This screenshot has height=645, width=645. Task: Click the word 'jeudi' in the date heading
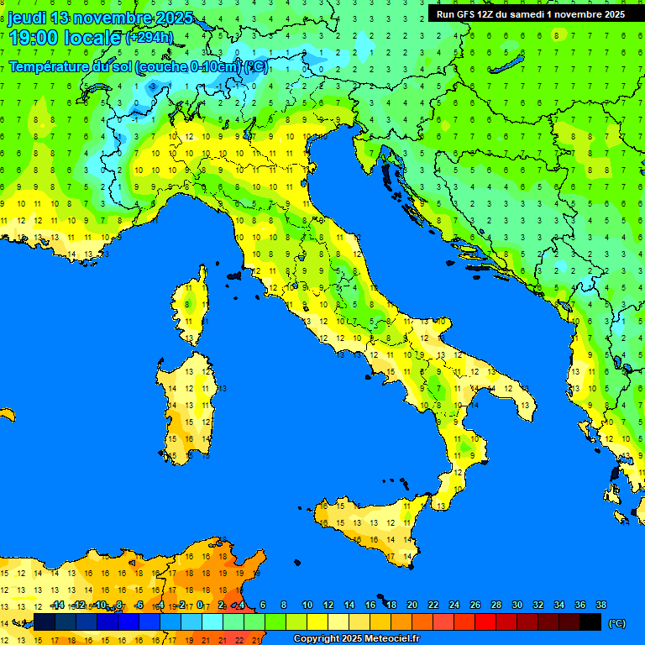[26, 18]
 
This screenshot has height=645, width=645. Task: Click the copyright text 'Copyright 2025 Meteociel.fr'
[356, 639]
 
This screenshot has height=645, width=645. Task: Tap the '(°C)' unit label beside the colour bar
[616, 623]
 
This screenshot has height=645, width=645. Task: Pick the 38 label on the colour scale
[600, 605]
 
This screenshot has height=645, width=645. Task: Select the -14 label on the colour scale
[57, 605]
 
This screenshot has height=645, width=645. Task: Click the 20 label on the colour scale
[412, 605]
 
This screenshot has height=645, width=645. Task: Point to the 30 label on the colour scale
[517, 605]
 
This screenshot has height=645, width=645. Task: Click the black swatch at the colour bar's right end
[590, 622]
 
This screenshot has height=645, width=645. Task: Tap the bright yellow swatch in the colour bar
[317, 622]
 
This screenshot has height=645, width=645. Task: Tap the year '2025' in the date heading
[174, 18]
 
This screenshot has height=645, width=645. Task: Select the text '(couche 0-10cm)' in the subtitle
[188, 67]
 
